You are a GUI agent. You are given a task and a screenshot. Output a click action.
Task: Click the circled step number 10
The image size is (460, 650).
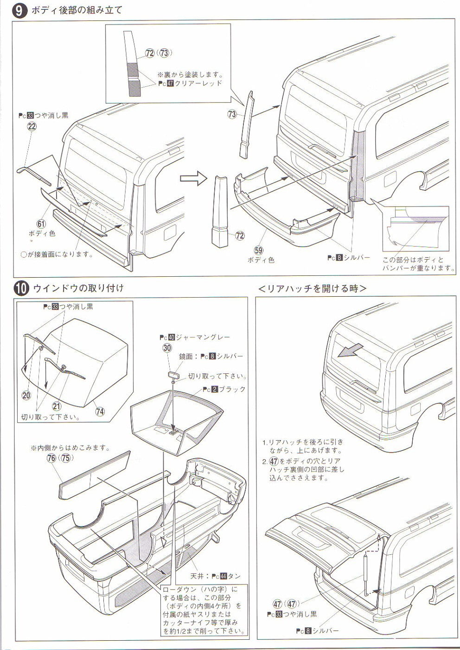(x=21, y=288)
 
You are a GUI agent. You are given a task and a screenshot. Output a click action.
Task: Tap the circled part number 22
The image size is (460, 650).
(x=32, y=126)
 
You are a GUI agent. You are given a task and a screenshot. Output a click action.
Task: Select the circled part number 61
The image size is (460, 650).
(x=42, y=224)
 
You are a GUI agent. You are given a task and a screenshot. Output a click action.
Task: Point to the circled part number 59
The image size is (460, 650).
(x=258, y=250)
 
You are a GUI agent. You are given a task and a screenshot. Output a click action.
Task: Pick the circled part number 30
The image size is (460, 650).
(x=167, y=348)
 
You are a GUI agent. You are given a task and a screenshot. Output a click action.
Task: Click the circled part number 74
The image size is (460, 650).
(x=100, y=411)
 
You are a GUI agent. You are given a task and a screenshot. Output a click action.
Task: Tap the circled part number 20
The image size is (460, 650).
(x=26, y=395)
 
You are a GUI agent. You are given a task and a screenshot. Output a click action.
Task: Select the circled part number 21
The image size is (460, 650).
(x=57, y=406)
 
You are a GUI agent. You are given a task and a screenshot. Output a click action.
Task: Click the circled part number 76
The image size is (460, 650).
(x=51, y=458)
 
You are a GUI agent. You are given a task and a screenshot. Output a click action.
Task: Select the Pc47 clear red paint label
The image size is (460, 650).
(x=190, y=84)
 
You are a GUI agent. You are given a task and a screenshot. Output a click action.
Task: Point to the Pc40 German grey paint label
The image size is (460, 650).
(x=194, y=338)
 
